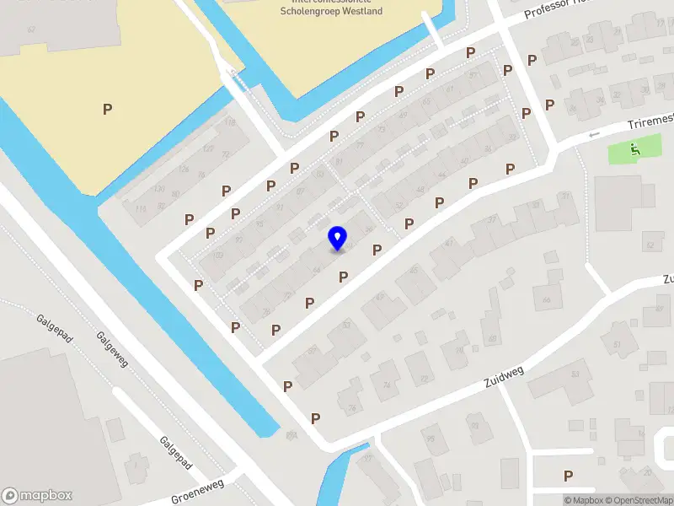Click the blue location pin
[x=338, y=238]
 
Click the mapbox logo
[x=37, y=496]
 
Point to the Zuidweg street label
[x=504, y=377]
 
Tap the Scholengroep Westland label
[x=330, y=11]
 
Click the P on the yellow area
[x=107, y=109]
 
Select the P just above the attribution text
[x=569, y=476]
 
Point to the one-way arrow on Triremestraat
[x=594, y=134]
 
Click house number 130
[x=159, y=189]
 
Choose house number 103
[x=318, y=174]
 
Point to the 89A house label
[x=292, y=434]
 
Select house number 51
[x=617, y=345]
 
